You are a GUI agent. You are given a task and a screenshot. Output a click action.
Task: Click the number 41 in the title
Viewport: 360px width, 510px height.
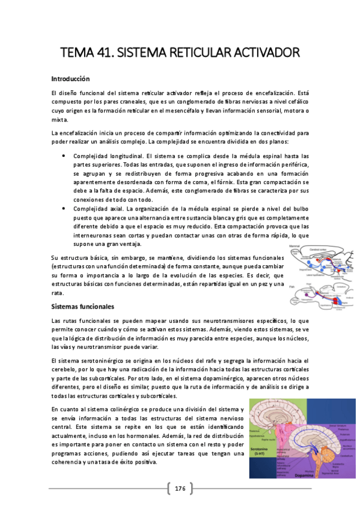pos(103,55)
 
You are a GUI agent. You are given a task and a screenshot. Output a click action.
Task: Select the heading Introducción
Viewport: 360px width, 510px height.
pos(70,79)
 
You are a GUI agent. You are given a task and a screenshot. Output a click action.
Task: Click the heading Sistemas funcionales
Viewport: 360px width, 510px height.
pos(82,306)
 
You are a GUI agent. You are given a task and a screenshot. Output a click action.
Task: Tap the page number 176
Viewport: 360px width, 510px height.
pos(180,488)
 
